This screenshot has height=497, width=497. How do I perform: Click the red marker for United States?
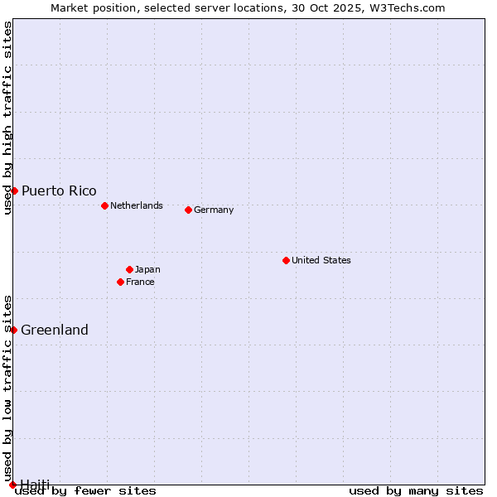pos(286,260)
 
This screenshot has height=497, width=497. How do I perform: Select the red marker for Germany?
pos(188,210)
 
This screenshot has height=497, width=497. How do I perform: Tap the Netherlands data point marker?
pos(104,205)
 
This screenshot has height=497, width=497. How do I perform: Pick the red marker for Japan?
pos(129,269)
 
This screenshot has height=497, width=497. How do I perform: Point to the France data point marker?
pos(120,282)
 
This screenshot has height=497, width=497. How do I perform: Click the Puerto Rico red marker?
pos(14,191)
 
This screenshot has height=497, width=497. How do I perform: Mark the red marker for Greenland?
pos(13,330)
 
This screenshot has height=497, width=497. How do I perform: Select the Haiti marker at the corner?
pos(12,485)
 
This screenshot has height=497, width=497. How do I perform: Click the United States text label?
pos(321,260)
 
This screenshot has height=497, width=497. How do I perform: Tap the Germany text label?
pos(214,210)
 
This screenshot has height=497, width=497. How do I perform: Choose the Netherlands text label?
pos(137,205)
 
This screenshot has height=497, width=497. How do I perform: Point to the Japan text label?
pos(147,269)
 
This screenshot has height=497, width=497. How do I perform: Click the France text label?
pos(140,282)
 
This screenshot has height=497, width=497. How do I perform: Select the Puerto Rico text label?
pos(59,191)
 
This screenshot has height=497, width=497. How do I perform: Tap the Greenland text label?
pos(55,330)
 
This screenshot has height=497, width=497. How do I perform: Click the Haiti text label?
pos(35,484)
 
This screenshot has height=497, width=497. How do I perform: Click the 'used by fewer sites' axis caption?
pos(85,490)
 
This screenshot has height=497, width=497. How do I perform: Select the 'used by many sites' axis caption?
pos(416,490)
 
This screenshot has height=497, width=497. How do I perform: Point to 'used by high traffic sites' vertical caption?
pos(8,118)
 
